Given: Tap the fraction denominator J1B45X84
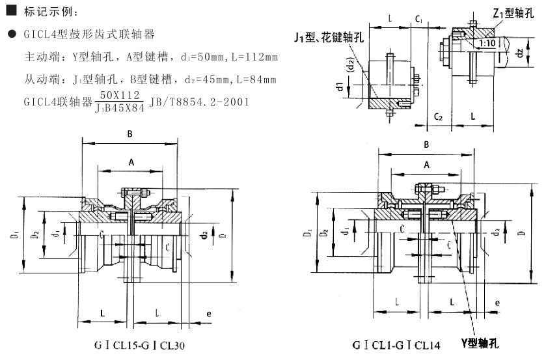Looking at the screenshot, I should (x=120, y=107).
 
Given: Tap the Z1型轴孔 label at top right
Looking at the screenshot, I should (x=514, y=12).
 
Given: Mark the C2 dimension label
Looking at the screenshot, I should (x=438, y=117).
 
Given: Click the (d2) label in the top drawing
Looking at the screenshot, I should (x=351, y=66).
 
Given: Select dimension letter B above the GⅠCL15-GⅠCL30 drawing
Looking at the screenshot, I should (x=130, y=134).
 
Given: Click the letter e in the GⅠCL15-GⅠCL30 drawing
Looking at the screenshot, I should (x=208, y=314).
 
